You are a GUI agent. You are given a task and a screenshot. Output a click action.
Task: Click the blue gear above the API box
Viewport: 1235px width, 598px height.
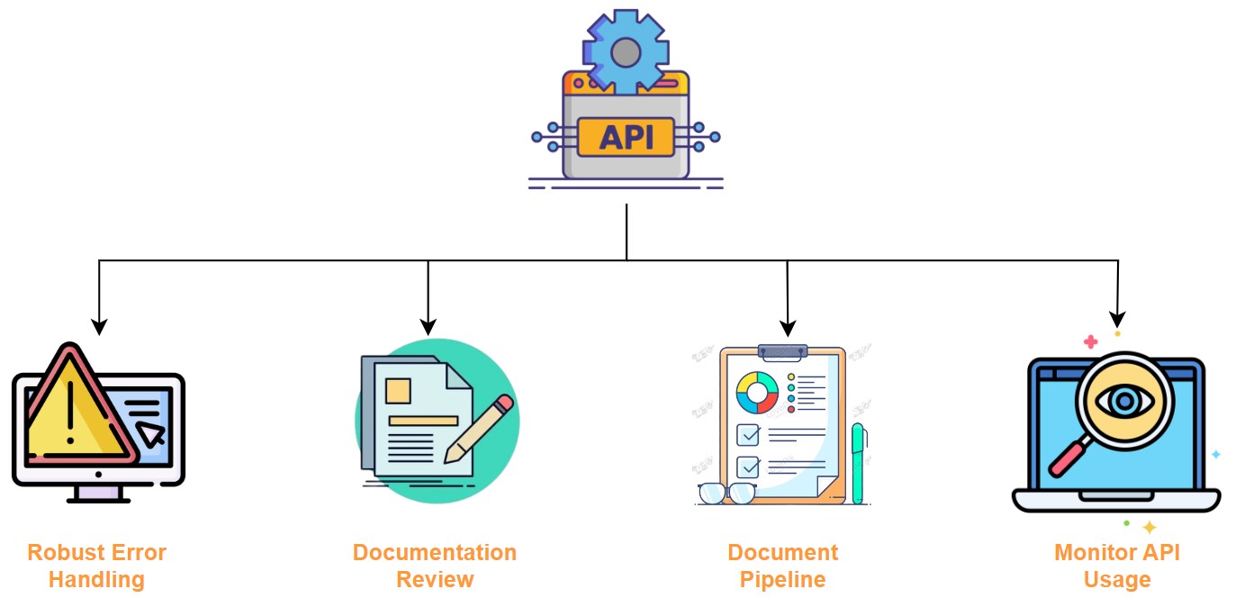(626, 51)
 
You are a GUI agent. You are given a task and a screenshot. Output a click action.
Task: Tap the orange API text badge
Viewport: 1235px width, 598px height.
(626, 138)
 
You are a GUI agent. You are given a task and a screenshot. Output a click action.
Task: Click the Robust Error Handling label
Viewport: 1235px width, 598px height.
(96, 566)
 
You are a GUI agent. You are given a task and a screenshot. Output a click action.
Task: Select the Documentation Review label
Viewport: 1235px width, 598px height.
(435, 566)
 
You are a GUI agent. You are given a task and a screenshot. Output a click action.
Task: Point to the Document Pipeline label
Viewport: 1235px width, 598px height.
(782, 566)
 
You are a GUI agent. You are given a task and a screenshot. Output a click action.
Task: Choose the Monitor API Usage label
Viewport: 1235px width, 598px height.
(1116, 566)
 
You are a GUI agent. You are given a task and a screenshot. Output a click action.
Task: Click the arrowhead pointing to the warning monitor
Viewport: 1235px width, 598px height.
(99, 325)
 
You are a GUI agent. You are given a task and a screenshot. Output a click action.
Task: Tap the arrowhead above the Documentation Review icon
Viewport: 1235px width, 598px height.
(428, 325)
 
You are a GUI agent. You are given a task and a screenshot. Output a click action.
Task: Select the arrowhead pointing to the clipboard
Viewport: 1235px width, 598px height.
(788, 327)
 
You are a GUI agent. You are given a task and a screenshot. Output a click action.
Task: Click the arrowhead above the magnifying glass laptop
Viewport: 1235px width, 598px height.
(1117, 318)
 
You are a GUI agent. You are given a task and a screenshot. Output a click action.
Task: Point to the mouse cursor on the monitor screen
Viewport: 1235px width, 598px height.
(151, 434)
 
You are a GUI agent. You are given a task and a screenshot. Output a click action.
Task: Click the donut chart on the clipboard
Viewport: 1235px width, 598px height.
(757, 392)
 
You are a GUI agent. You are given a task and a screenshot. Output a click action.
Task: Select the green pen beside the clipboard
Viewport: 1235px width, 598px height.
(858, 463)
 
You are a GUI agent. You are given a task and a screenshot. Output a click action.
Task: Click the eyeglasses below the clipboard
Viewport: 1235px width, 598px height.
(727, 494)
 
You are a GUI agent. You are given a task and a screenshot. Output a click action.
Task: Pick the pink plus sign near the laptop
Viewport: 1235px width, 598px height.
(1090, 342)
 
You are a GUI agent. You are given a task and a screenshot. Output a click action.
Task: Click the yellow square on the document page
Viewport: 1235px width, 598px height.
(398, 390)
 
